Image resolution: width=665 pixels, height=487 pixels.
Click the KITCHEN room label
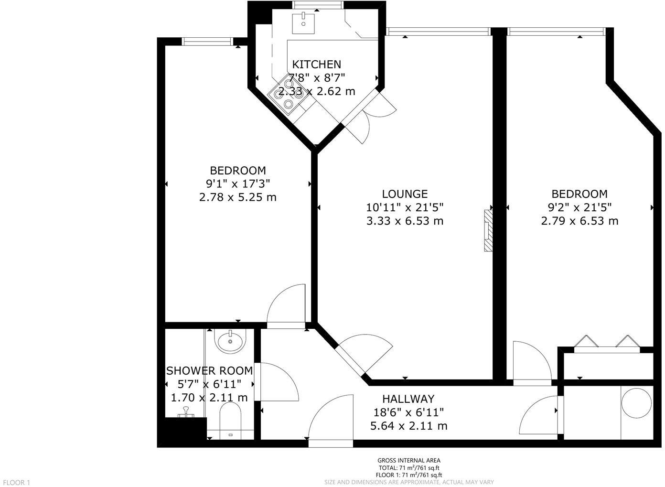pyautogui.click(x=316, y=64)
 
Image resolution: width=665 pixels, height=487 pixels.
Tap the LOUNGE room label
pyautogui.click(x=405, y=194)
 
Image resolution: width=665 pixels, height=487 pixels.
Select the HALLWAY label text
pyautogui.click(x=408, y=399)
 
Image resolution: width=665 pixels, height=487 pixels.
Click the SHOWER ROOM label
pyautogui.click(x=209, y=370)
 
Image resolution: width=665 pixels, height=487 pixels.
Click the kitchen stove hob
pyautogui.click(x=287, y=95)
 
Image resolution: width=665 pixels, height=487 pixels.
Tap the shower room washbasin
pyautogui.click(x=230, y=341)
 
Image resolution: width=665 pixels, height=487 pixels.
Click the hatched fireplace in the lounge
pyautogui.click(x=487, y=230)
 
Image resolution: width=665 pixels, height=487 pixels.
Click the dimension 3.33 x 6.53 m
pyautogui.click(x=405, y=221)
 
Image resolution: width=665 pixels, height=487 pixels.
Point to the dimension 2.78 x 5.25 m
pyautogui.click(x=237, y=197)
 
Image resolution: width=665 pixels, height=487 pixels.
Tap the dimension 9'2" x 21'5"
pyautogui.click(x=579, y=207)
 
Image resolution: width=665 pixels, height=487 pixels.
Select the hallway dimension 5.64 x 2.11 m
pyautogui.click(x=408, y=425)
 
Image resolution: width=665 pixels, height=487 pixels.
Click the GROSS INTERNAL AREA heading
pyautogui.click(x=409, y=461)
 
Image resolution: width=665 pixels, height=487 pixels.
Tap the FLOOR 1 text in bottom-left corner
pyautogui.click(x=15, y=483)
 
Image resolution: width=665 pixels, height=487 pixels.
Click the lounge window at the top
pyautogui.click(x=438, y=32)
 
